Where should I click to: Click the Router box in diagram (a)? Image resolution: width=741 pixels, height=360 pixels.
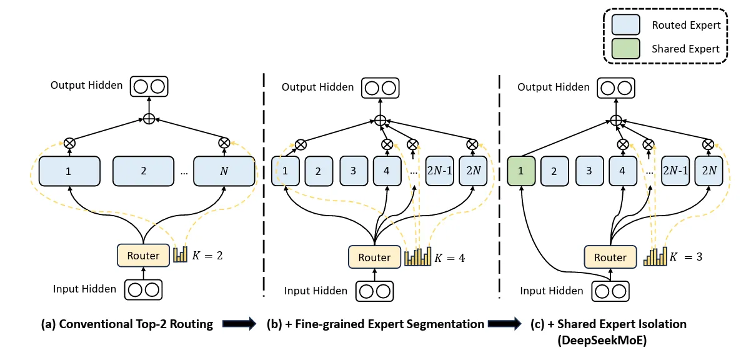[143, 255]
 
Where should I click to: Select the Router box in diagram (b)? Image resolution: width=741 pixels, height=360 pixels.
[374, 257]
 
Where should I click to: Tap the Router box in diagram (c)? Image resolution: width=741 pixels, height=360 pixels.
[610, 257]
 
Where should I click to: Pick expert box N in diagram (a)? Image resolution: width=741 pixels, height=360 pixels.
[224, 171]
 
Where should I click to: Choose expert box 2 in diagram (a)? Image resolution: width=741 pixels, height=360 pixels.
[143, 171]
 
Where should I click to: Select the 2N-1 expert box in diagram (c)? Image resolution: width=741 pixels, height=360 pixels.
[674, 171]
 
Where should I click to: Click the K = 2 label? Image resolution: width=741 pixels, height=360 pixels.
[209, 255]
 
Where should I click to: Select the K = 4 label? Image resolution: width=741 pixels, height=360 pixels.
[450, 257]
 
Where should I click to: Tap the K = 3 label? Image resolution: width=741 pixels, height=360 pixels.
[686, 257]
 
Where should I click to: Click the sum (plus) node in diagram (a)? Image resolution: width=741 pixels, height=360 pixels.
[149, 119]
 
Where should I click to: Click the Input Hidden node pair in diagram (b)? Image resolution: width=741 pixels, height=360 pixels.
[375, 291]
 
